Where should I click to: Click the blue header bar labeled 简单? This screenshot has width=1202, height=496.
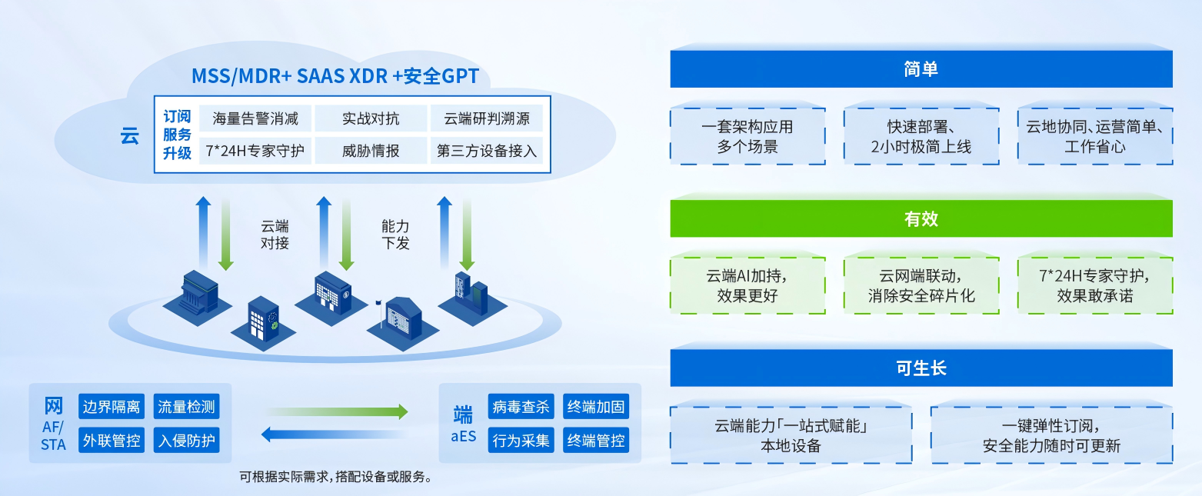coord(921,69)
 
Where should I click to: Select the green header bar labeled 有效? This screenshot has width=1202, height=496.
coord(921,218)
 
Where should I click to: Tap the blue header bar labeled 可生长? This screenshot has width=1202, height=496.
coord(921,368)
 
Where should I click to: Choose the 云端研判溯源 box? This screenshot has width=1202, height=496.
coord(486,119)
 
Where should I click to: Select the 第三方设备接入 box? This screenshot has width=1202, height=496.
coord(486,151)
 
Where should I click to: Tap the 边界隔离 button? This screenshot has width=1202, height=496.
coord(112,407)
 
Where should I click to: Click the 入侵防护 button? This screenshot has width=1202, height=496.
coord(186,441)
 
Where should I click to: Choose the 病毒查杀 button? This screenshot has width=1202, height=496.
coord(521,407)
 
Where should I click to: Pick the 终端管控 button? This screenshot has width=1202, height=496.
coord(596,441)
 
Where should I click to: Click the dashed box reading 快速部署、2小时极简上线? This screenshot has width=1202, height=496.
coord(921,136)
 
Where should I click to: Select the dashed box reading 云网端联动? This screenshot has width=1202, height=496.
coord(921,285)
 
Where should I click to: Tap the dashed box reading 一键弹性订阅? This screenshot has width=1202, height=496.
coord(1051,435)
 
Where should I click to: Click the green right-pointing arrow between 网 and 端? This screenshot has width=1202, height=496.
coord(337,412)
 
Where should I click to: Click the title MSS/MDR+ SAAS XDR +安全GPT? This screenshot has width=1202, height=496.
coord(335,75)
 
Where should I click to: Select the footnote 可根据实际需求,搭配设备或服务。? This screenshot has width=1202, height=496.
coord(335,477)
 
